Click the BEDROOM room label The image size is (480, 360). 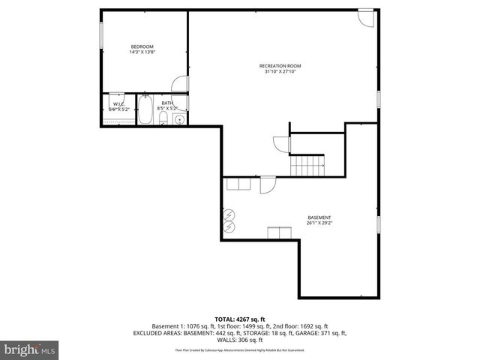tap(142, 47)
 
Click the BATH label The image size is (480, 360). tap(166, 103)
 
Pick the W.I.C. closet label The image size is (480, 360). tap(118, 103)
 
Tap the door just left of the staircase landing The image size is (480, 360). tap(280, 142)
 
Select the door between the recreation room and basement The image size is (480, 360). tap(268, 184)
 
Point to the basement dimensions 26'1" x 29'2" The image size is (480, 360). tap(319, 222)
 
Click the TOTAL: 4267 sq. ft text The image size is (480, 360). tap(239, 319)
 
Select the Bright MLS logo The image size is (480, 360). tap(30, 349)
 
